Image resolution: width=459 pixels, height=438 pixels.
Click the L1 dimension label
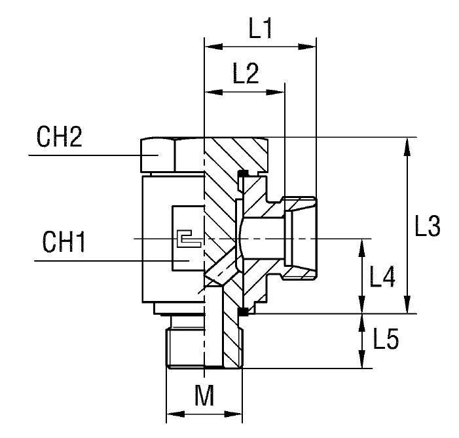(261, 30)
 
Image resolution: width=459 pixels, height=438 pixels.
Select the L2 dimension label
(246, 74)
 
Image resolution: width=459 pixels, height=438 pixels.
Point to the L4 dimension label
(382, 277)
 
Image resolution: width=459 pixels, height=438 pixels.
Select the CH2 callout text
(59, 138)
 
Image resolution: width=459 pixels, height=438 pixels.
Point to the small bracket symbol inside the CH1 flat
(187, 239)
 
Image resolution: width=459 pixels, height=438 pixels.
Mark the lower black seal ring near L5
(242, 312)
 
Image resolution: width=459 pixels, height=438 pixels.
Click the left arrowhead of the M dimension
(172, 414)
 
